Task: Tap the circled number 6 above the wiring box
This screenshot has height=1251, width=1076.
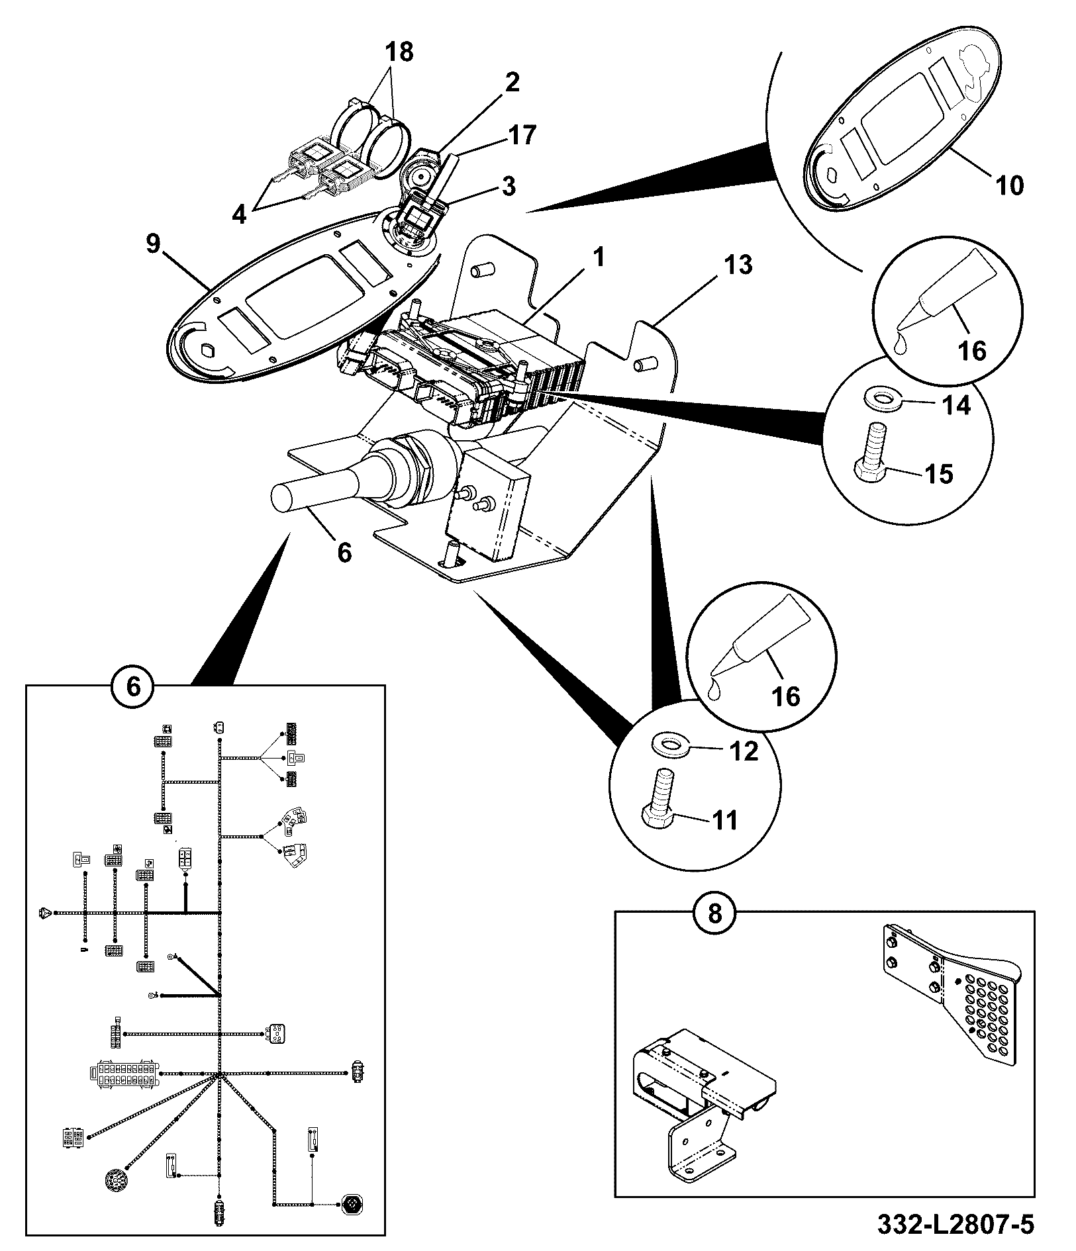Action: coord(133,686)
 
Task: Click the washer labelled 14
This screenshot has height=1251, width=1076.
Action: coord(881,400)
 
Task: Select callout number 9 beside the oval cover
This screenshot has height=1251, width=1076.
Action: coord(153,244)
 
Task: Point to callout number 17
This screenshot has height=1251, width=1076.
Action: coord(520,135)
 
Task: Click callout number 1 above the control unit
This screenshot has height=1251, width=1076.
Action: coord(598,257)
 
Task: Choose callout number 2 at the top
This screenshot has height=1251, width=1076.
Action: coord(512,82)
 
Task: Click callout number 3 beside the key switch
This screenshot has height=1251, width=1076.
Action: coord(508,186)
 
